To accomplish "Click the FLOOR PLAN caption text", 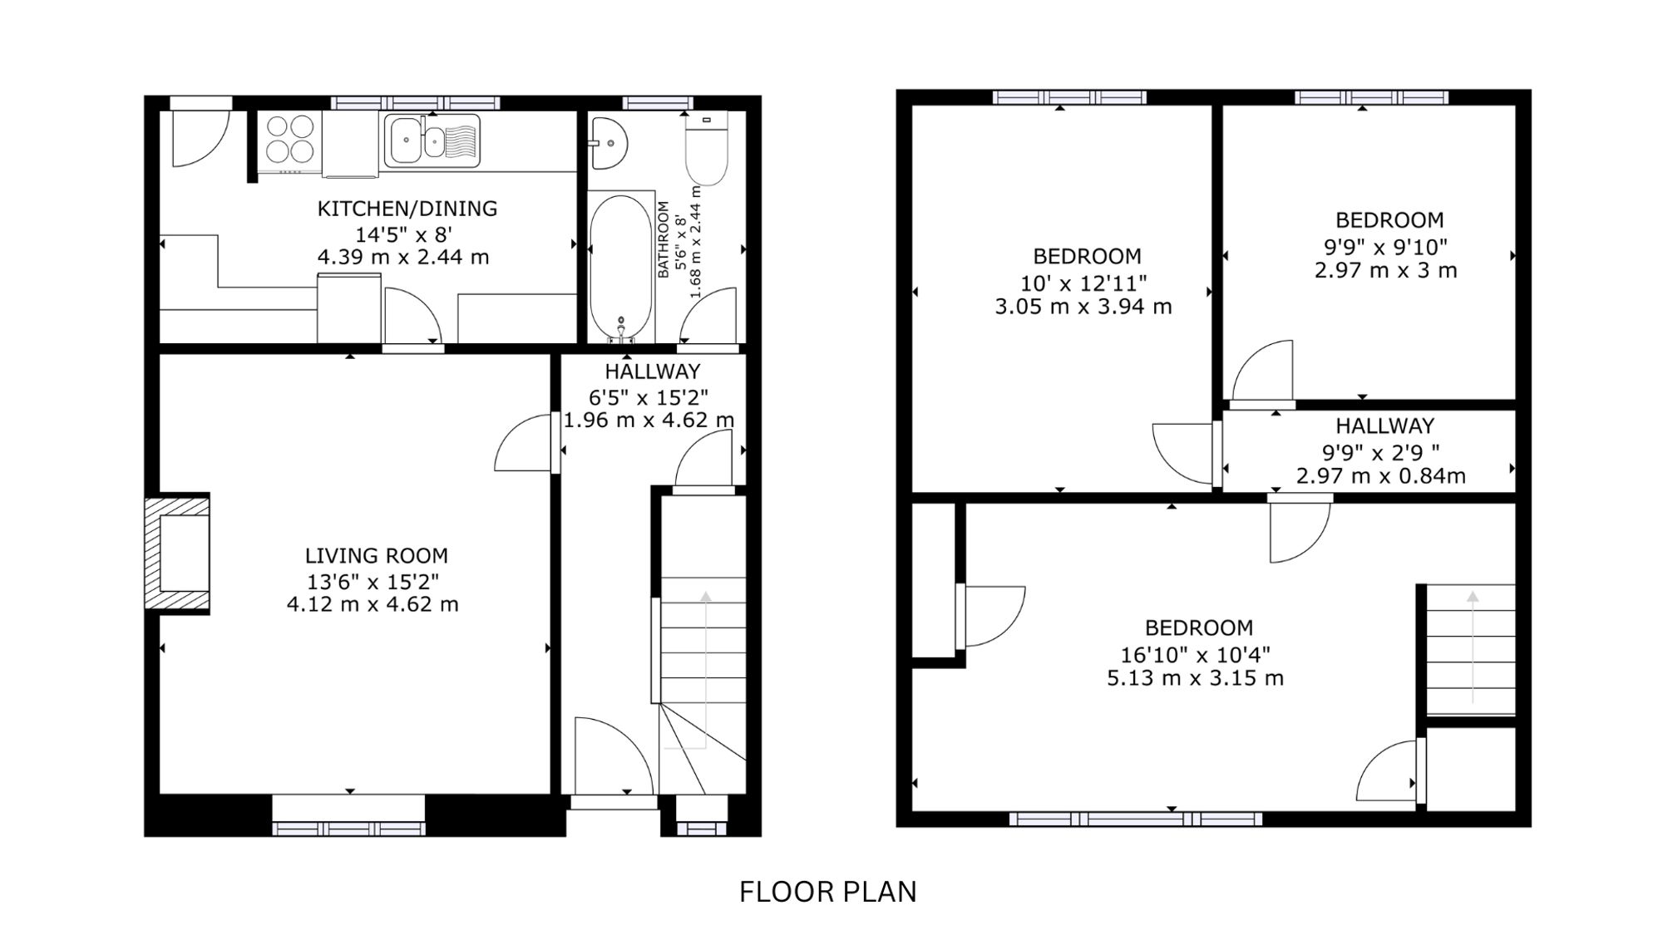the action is coord(827,892).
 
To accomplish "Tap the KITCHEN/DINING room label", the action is coord(407,209).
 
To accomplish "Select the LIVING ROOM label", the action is coord(376,555).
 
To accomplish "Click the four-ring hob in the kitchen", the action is coord(290,138).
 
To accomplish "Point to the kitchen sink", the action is coord(432,140).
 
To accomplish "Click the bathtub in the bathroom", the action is coord(621,268).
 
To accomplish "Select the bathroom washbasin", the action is coord(608,143).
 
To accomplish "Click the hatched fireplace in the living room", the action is coord(177,554).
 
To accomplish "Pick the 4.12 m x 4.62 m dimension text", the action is coord(373,604).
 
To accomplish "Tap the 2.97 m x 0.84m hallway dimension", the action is coord(1380,476).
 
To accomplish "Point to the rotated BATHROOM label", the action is coord(664,239).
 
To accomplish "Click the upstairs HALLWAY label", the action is coord(1384,426).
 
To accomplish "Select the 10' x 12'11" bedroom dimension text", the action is coord(1083,283).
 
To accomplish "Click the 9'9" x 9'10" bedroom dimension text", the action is coord(1385,247).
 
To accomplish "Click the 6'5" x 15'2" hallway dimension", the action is coord(649,397).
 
